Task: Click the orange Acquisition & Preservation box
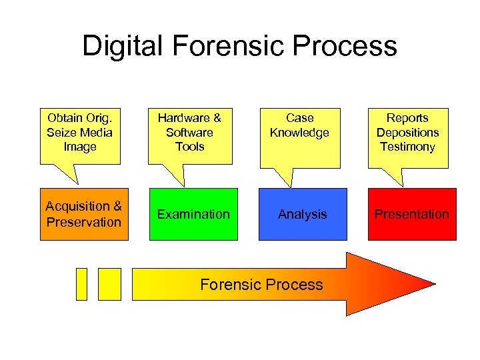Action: click(83, 214)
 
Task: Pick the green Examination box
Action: click(193, 214)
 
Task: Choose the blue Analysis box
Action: click(303, 214)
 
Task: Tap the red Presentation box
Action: click(412, 214)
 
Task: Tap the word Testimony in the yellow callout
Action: click(407, 147)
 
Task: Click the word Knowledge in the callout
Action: click(299, 133)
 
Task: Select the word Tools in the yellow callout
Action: click(189, 147)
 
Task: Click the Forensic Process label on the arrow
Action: click(261, 285)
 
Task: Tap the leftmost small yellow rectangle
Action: click(82, 284)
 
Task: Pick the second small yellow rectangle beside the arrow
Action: click(109, 284)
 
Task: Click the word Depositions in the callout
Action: click(407, 132)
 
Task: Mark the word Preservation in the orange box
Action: click(84, 222)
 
